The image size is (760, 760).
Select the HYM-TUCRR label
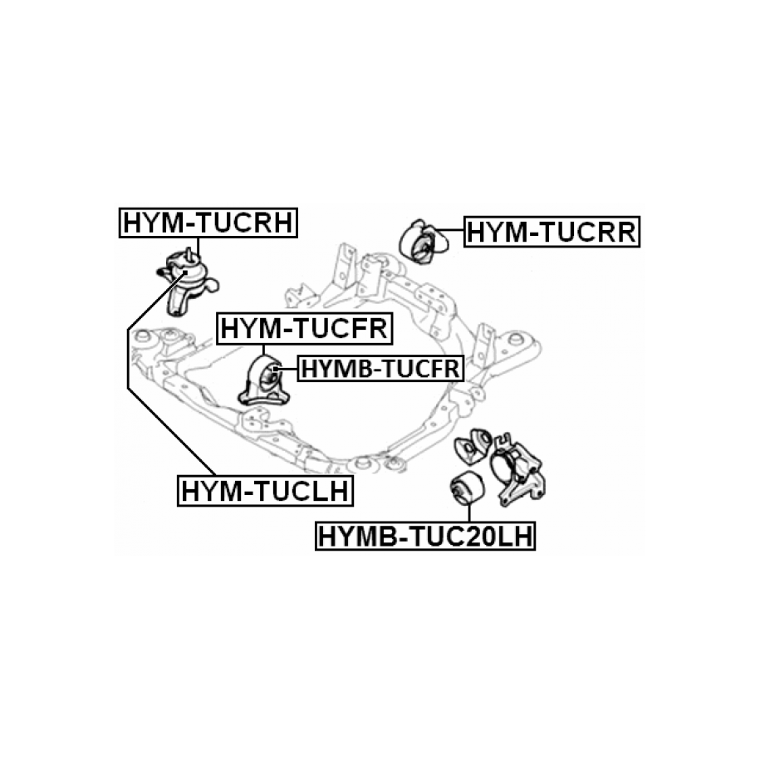(552, 232)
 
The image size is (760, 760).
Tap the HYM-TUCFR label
(304, 329)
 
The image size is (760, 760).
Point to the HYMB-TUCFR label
(379, 366)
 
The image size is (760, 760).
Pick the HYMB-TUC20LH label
(425, 537)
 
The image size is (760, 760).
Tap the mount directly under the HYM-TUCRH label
(187, 282)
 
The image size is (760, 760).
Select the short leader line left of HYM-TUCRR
(449, 232)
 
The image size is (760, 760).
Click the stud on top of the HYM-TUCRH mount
(190, 253)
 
